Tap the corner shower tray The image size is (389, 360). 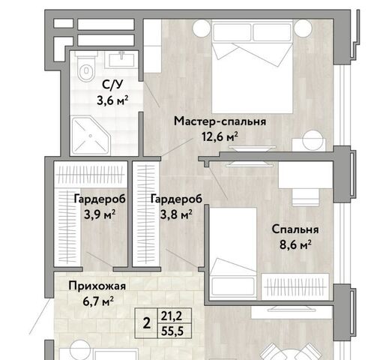91,135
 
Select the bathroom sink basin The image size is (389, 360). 121,60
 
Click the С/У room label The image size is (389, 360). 112,85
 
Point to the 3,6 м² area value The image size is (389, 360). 112,100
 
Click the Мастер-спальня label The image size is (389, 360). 220,121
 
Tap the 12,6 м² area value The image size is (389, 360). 220,136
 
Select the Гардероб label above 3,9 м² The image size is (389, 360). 100,199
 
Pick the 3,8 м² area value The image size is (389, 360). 176,214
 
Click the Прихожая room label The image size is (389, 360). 97,286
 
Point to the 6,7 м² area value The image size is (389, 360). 98,301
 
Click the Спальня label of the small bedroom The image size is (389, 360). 295,229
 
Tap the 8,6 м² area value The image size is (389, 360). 295,244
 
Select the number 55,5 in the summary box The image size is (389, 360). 172,331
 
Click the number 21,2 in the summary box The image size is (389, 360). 172,316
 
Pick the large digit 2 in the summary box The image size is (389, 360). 147,323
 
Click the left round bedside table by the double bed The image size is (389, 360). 201,28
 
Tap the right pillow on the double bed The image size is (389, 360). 272,32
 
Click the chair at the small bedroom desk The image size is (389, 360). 306,197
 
